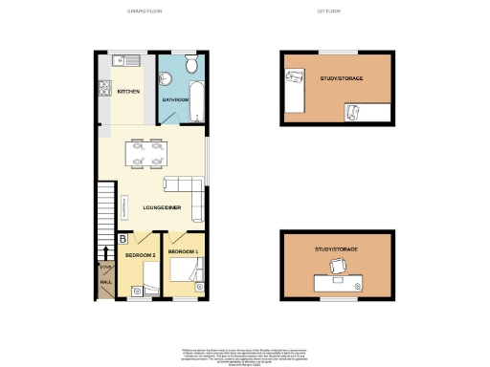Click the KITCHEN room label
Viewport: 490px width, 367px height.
click(x=128, y=92)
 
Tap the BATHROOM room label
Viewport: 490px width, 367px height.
click(x=174, y=98)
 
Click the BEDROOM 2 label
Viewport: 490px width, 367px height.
click(x=139, y=257)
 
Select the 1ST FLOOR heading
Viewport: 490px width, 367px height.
click(x=329, y=11)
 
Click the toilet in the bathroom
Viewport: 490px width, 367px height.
click(x=190, y=66)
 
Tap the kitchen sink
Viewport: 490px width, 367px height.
click(x=126, y=61)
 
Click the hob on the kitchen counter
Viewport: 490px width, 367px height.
click(x=103, y=92)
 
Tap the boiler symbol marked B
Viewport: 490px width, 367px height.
click(x=123, y=239)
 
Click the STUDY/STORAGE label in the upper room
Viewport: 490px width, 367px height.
click(x=336, y=78)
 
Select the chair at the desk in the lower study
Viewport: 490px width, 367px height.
click(x=336, y=267)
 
